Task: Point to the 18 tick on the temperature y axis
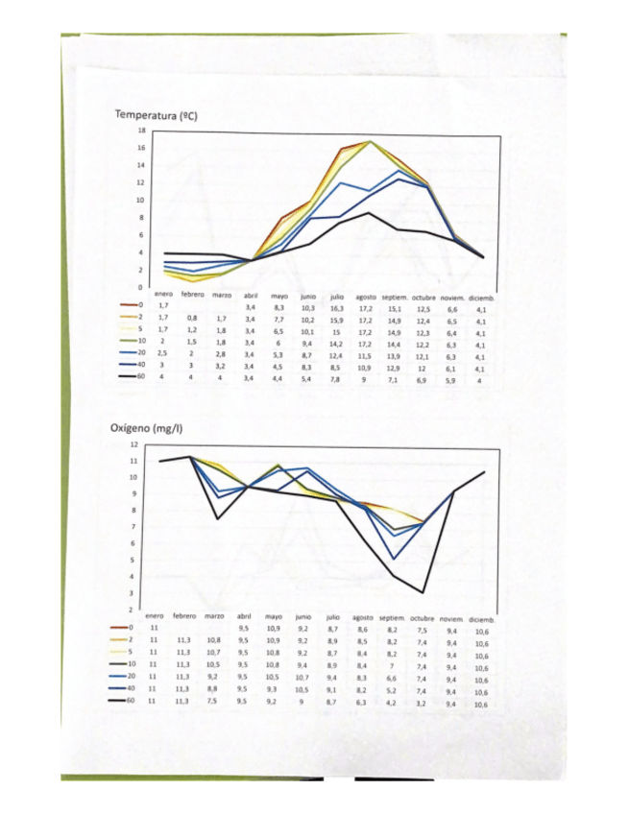tap(142, 131)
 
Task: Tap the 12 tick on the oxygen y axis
tap(133, 445)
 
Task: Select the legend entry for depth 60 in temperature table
tap(130, 380)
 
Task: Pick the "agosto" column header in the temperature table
tap(365, 297)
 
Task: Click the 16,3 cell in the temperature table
tap(336, 308)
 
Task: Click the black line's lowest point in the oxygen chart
tap(423, 592)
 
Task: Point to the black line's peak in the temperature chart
tap(367, 213)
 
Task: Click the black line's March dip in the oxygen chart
tap(218, 519)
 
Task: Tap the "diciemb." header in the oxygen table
tap(484, 617)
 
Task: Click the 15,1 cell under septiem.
tap(395, 309)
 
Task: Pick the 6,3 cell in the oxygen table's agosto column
tap(361, 703)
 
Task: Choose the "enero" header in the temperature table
tap(163, 296)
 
